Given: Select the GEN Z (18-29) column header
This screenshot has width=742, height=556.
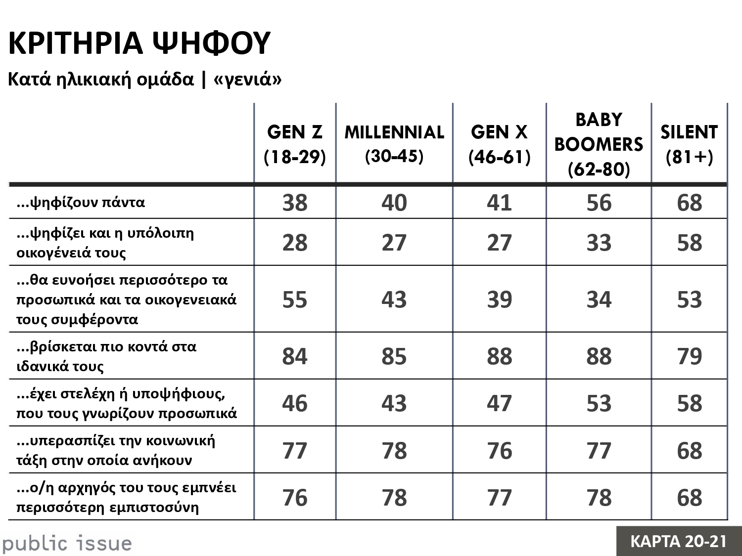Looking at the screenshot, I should pyautogui.click(x=295, y=144).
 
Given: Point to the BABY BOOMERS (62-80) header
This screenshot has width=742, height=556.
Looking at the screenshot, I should pyautogui.click(x=599, y=144).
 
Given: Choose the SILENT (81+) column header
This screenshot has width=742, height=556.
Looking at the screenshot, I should pyautogui.click(x=689, y=144).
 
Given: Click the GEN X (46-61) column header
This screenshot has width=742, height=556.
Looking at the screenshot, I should pyautogui.click(x=499, y=144).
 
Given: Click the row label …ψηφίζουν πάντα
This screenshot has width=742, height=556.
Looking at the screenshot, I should pyautogui.click(x=81, y=202).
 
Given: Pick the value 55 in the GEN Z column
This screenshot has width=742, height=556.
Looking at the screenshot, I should pyautogui.click(x=295, y=299).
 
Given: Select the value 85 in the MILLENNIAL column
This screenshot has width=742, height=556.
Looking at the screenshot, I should pyautogui.click(x=394, y=356).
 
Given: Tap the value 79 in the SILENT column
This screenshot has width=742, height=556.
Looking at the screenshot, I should pyautogui.click(x=690, y=356).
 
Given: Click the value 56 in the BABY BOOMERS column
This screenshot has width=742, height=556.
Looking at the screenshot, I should pyautogui.click(x=599, y=203).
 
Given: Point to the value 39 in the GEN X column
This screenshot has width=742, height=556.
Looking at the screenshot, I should pyautogui.click(x=499, y=299).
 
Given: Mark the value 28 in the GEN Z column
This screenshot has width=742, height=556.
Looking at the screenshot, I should pyautogui.click(x=295, y=243).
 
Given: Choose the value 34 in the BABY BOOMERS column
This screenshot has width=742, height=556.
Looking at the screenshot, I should pyautogui.click(x=599, y=299).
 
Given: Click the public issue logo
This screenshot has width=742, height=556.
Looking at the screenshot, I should pyautogui.click(x=67, y=544).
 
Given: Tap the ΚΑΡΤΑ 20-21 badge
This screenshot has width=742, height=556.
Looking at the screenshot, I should pyautogui.click(x=679, y=541).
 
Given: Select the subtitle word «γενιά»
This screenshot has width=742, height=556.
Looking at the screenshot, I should pyautogui.click(x=247, y=79).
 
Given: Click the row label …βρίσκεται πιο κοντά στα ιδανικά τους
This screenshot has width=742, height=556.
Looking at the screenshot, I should pyautogui.click(x=106, y=356).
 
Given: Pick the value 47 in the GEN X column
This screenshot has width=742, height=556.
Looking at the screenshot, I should pyautogui.click(x=499, y=403).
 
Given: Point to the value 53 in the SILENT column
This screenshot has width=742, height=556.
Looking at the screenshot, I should pyautogui.click(x=690, y=299).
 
